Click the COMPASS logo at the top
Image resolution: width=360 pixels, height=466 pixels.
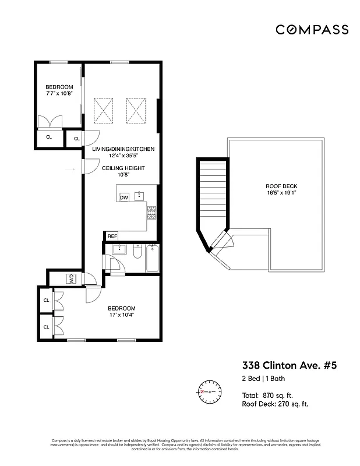pos(312,30)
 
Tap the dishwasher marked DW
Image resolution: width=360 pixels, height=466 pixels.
pos(123,197)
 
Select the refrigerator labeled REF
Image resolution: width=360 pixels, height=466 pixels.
pos(112,236)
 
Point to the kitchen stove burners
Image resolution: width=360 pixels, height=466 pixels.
pos(151,213)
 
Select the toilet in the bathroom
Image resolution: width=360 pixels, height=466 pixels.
pos(136,252)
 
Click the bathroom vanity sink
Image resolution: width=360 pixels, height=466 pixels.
pos(119,250)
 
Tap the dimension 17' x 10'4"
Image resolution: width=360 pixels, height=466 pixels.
pos(121,315)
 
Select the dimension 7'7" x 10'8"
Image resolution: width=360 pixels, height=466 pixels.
pos(59,94)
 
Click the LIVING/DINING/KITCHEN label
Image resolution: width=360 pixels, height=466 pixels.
pos(123,149)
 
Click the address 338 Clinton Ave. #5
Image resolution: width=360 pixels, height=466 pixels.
pos(289,366)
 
